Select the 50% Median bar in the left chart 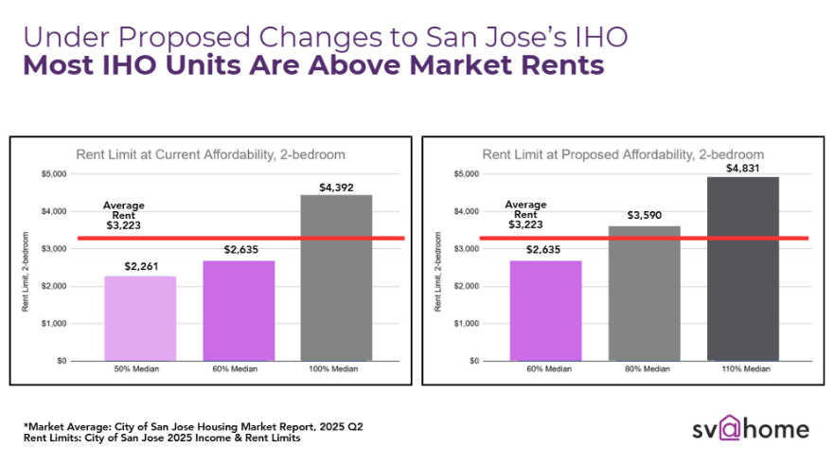click(x=141, y=317)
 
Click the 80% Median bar click(x=645, y=293)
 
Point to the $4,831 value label click(x=741, y=169)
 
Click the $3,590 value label click(x=645, y=217)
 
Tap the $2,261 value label click(x=141, y=266)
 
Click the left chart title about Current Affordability click(x=210, y=153)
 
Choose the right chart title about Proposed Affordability click(x=623, y=153)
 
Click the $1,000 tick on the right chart click(x=466, y=323)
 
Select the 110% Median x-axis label click(x=741, y=370)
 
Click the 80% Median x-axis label click(x=645, y=370)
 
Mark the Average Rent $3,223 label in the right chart click(x=525, y=214)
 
